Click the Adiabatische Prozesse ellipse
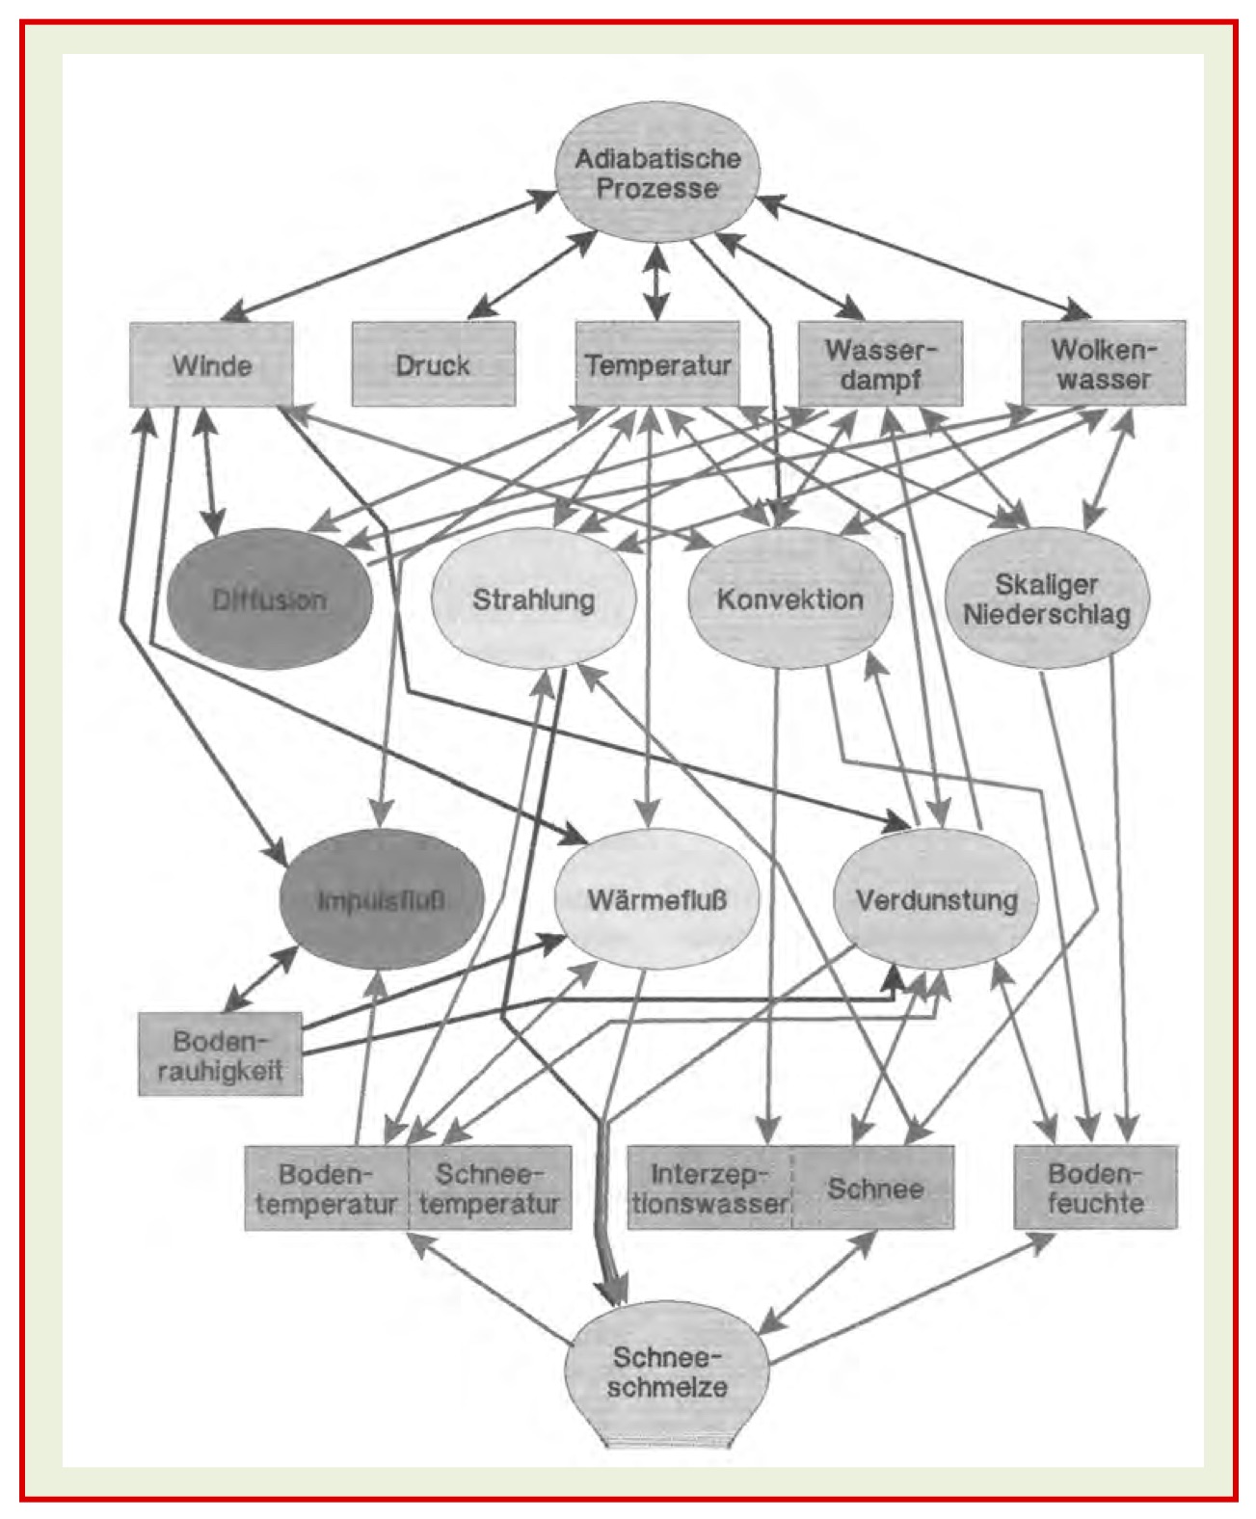click(657, 173)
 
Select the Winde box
click(212, 364)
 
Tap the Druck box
click(433, 364)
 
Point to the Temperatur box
click(657, 364)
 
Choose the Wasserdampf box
click(880, 364)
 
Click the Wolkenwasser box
click(1104, 364)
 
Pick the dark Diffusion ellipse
click(269, 600)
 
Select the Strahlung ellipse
click(533, 600)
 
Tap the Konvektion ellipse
click(789, 600)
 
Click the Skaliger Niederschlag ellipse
click(1047, 600)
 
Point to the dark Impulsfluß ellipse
click(380, 900)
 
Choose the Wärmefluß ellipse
click(656, 900)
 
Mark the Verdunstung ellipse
click(936, 900)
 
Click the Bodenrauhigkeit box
click(221, 1054)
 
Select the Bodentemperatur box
click(326, 1187)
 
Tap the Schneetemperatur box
click(490, 1187)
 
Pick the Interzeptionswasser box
click(709, 1187)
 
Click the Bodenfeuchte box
click(1095, 1187)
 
